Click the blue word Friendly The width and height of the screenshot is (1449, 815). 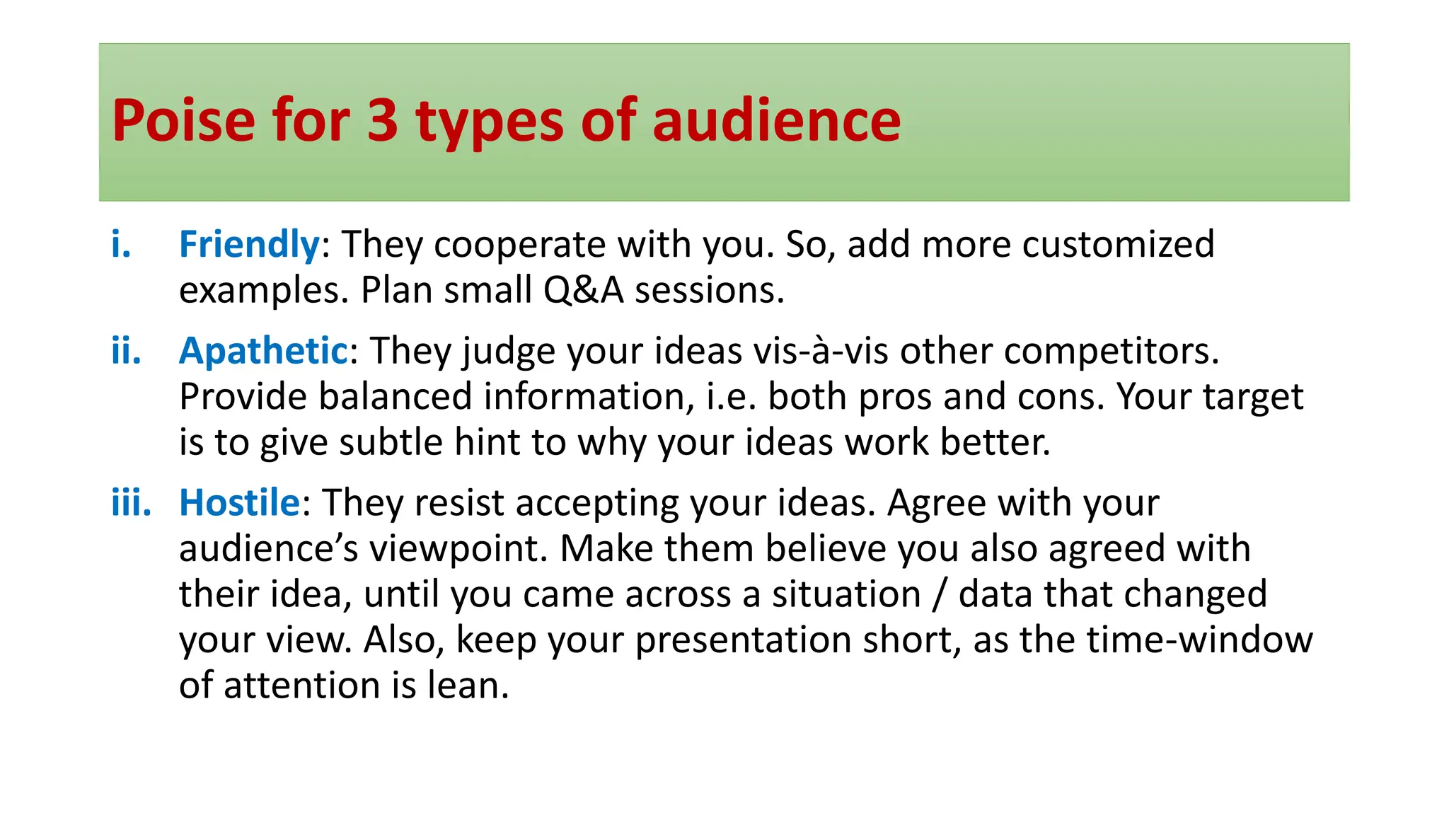pos(249,245)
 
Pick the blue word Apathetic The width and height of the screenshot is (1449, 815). pos(263,351)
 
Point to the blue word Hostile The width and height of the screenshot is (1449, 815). pos(240,503)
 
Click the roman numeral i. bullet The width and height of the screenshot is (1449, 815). pos(121,245)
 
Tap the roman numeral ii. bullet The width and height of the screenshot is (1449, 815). pos(126,351)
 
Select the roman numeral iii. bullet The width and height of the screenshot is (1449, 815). pos(131,503)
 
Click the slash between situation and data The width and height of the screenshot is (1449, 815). pos(939,594)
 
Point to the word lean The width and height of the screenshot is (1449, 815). pos(468,686)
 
